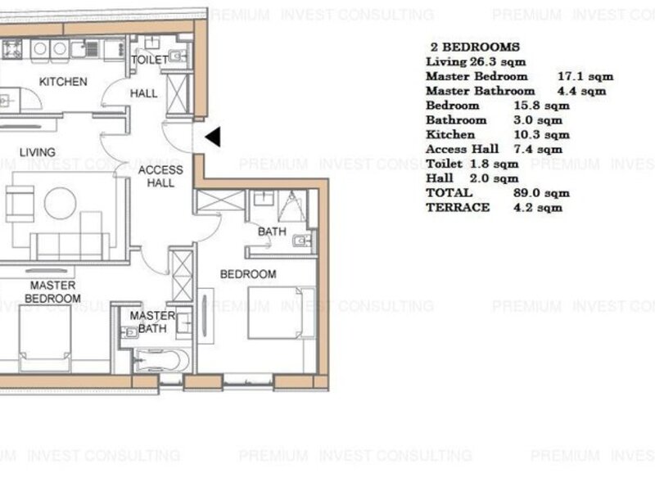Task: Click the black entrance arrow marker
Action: click(214, 137)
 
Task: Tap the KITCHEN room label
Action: click(63, 81)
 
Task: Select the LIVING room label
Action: click(38, 152)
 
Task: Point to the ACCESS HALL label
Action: click(160, 176)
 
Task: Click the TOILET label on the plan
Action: click(150, 60)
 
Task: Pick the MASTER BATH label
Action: click(152, 322)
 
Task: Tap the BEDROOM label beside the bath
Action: click(248, 274)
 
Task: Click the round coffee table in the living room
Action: click(60, 203)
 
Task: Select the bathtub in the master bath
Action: click(161, 360)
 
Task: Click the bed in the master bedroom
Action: click(45, 338)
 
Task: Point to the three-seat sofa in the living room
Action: click(70, 247)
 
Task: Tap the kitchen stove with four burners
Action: click(12, 49)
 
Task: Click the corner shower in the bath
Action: click(291, 205)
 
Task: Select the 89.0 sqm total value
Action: click(541, 193)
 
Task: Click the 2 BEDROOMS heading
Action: click(476, 47)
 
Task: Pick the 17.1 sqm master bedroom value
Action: click(585, 76)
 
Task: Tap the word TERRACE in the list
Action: click(458, 208)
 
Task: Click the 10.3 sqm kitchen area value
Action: click(541, 134)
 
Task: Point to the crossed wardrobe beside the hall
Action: click(178, 94)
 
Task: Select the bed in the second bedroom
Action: click(282, 313)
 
